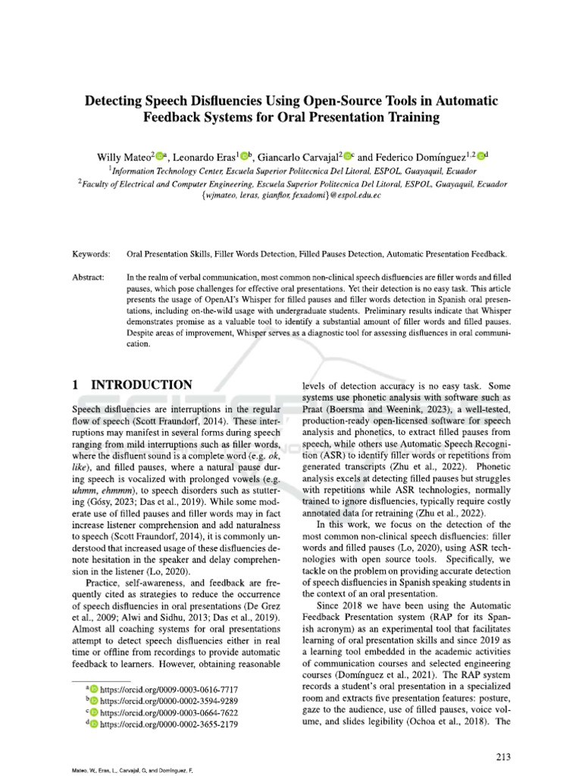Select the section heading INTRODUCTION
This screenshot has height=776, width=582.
142,386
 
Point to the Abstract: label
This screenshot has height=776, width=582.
89,278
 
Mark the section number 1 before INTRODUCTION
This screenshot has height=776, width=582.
76,386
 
